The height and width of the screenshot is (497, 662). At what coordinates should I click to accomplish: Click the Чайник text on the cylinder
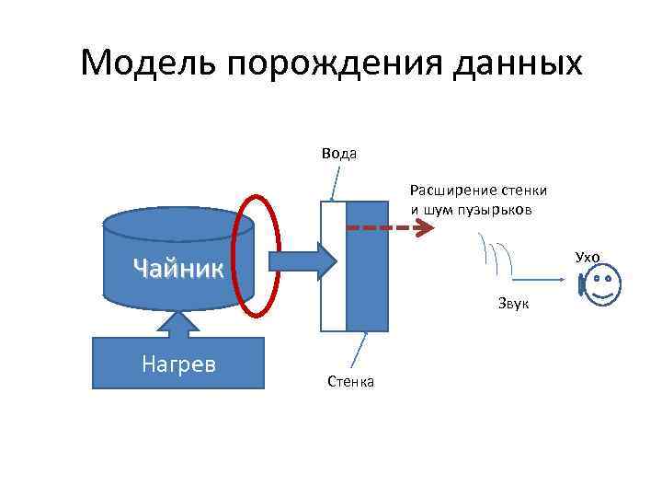[x=178, y=268]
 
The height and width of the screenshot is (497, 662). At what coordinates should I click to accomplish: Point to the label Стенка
[x=349, y=381]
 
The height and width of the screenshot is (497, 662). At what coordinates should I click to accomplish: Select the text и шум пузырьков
[x=470, y=209]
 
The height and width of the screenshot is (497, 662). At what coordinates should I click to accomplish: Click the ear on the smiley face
[x=581, y=285]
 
